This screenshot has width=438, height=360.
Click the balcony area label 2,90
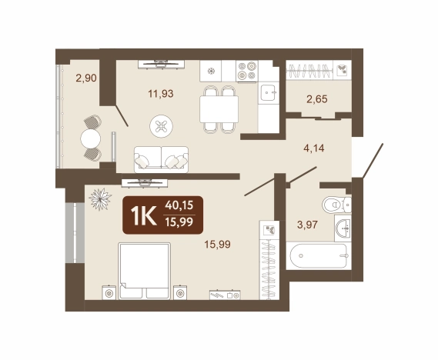(x=86, y=78)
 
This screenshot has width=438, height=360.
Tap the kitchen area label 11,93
(x=161, y=94)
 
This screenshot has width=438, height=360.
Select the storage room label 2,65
(x=317, y=98)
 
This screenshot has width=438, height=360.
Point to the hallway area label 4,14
(x=314, y=148)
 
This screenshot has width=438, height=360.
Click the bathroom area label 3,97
(x=308, y=225)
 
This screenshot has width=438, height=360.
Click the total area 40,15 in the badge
(x=179, y=205)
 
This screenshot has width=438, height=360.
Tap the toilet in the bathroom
(x=336, y=205)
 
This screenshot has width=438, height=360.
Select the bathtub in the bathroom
(x=319, y=255)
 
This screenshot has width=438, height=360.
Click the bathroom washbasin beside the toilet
(x=343, y=228)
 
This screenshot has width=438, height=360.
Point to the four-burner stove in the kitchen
(x=247, y=71)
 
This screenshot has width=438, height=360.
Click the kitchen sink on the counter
(x=269, y=92)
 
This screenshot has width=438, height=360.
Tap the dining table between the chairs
(x=219, y=108)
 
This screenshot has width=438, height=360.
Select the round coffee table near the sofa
(x=161, y=126)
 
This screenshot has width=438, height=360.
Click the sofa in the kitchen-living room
(x=161, y=159)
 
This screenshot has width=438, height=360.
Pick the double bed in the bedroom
(x=145, y=271)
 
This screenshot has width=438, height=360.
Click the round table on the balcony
(x=91, y=138)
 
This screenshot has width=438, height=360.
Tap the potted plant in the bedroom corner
(x=100, y=199)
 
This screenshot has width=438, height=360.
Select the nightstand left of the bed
(x=109, y=292)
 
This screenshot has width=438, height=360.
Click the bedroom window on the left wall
(x=75, y=233)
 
